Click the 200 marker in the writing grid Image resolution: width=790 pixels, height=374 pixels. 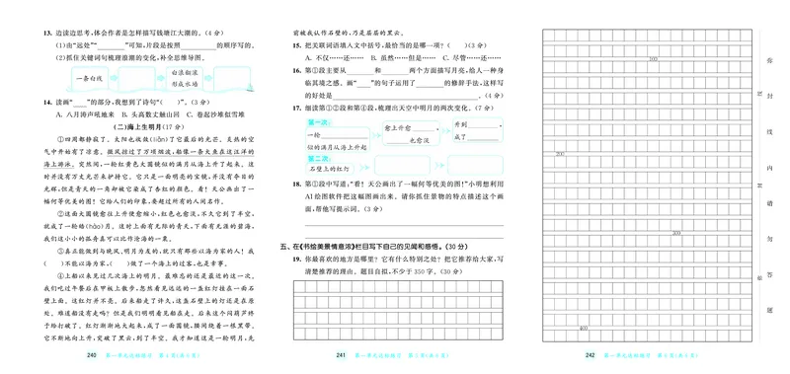click(560, 155)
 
